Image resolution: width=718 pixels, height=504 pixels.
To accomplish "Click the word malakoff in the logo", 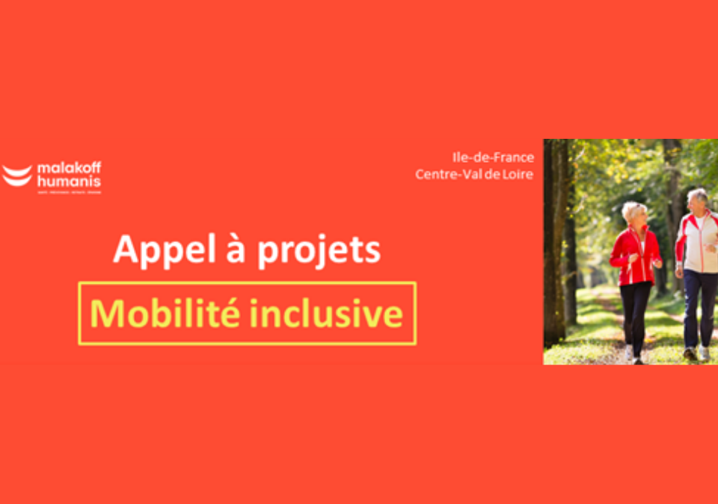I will coord(69,168).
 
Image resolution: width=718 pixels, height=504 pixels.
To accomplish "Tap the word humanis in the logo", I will coord(68,181).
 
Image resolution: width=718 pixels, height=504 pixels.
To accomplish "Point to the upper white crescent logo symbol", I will coord(17,170).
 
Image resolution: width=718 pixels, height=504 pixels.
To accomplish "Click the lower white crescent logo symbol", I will coord(17,180).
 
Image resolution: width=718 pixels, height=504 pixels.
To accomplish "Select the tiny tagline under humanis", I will coord(69,192).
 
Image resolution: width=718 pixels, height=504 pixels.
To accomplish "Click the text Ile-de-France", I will coord(493,158).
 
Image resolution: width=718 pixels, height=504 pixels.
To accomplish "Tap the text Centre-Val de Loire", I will coord(474,174).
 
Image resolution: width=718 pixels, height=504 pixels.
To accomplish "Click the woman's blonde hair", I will coord(633,211).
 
